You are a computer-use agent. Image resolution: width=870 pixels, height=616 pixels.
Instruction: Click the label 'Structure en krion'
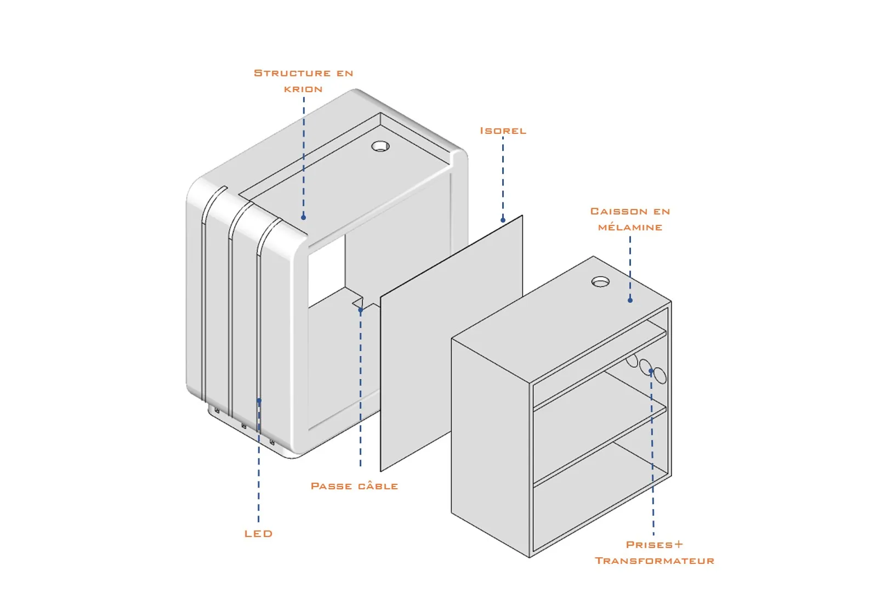point(303,81)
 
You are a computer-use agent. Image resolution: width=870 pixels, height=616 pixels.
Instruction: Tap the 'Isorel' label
point(503,131)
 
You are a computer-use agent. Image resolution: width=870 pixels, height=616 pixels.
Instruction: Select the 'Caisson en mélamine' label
point(630,219)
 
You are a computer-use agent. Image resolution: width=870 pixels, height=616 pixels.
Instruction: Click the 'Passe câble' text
point(354,486)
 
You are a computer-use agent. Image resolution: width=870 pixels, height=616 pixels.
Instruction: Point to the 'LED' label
point(258,534)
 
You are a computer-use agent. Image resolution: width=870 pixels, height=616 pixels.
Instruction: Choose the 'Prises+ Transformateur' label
point(655,552)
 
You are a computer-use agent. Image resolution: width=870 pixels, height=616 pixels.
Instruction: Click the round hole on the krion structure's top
point(380,146)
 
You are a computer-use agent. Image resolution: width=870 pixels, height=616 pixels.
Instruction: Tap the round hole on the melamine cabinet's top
point(600,281)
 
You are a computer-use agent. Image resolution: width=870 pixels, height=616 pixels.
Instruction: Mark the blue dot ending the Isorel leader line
point(503,220)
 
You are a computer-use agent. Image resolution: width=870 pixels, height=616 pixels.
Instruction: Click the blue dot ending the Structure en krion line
point(303,217)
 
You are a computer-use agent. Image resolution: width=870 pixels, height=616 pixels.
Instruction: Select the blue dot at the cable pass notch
point(360,310)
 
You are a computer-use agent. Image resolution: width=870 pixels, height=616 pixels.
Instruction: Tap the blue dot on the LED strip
point(259,400)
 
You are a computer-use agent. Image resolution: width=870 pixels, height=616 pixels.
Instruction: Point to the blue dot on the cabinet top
point(630,300)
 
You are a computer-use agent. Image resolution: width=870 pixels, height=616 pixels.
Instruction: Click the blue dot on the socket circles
point(651,371)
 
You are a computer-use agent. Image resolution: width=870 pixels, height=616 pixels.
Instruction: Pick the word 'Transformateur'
point(655,561)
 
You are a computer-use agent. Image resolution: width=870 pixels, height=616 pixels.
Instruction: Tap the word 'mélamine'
point(630,227)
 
